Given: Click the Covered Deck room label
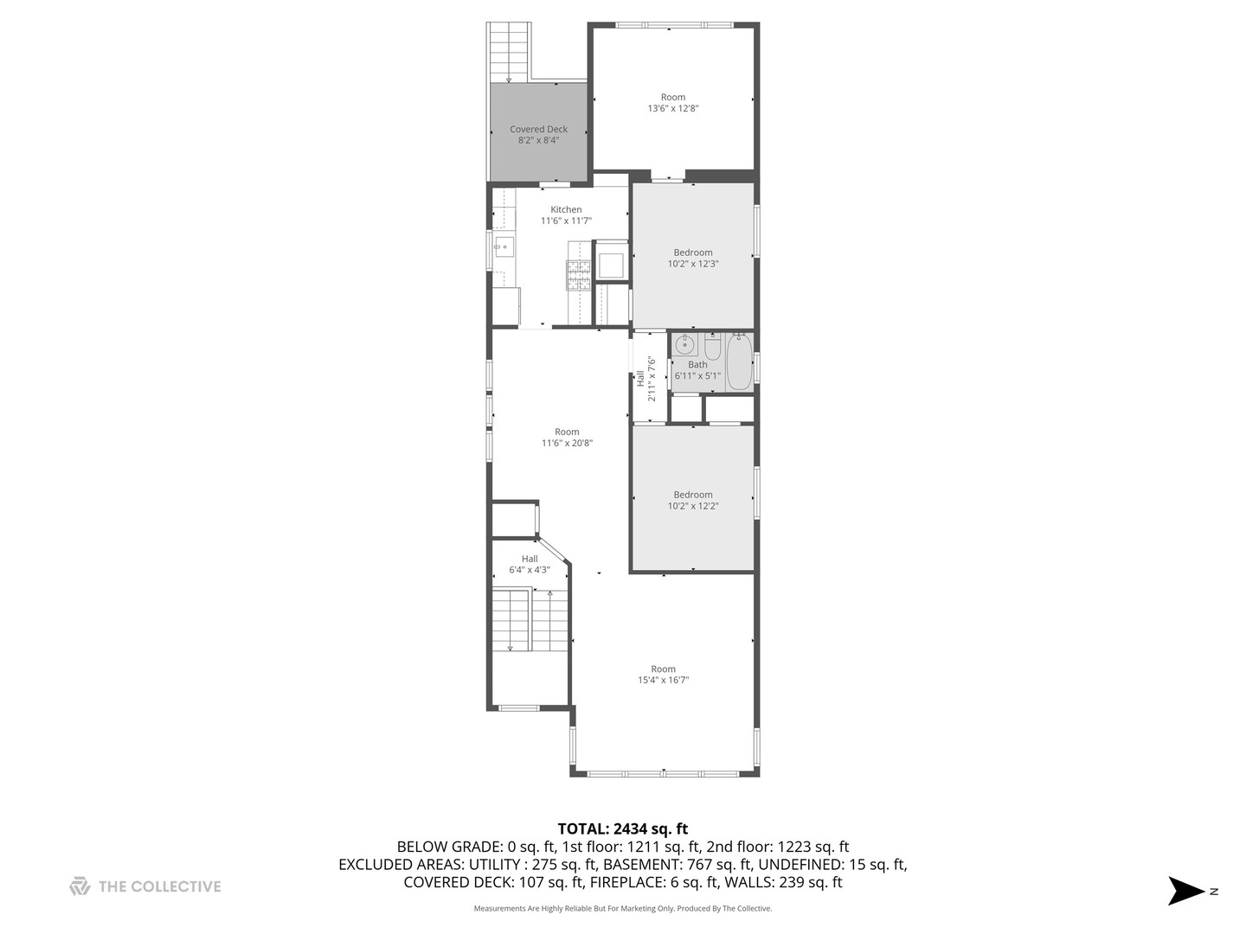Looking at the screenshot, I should (538, 130).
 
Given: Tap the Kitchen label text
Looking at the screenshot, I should (566, 210).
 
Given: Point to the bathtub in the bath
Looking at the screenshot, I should (739, 362).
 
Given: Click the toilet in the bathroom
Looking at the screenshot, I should (712, 348).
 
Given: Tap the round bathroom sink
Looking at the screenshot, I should (684, 346).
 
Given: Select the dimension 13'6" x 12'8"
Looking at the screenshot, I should (672, 109).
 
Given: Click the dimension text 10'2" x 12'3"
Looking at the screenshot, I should (692, 264).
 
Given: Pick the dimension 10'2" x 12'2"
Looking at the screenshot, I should (692, 506).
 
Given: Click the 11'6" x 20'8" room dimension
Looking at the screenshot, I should (567, 444).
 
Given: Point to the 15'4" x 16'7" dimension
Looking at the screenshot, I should (663, 681).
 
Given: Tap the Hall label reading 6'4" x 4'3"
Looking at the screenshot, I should (529, 565).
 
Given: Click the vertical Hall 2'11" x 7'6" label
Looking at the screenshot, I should (645, 379).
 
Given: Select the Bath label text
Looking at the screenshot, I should (697, 365).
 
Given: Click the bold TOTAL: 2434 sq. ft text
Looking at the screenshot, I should (622, 829).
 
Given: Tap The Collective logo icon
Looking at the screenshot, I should (80, 886).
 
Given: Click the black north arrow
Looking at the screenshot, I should (1185, 891).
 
